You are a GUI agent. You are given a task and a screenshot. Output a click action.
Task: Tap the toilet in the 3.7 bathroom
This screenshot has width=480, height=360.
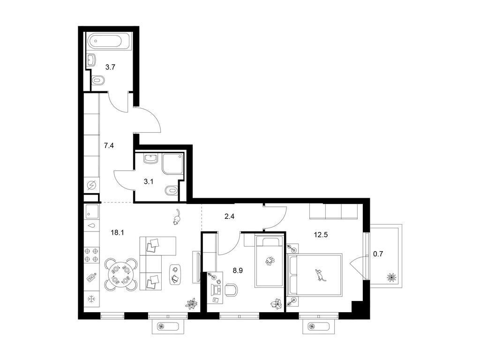click(97, 80)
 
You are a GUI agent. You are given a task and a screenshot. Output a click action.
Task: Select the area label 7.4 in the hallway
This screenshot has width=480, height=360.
click(109, 146)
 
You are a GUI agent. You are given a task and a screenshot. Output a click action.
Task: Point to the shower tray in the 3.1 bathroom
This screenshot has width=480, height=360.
click(173, 164)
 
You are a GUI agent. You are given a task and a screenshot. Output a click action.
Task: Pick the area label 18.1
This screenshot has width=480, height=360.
click(117, 232)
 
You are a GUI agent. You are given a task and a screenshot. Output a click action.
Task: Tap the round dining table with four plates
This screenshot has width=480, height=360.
click(121, 275)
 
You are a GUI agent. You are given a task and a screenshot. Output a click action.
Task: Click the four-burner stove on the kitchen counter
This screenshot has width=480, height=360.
click(92, 255)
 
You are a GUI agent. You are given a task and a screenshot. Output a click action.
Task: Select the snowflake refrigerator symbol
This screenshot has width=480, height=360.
click(91, 299)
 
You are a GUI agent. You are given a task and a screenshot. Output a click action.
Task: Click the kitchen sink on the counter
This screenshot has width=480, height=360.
click(92, 212)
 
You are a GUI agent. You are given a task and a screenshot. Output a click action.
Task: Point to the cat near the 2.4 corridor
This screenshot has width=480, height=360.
click(177, 217)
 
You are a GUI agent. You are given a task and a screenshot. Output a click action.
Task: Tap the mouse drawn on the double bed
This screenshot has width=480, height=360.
click(320, 275)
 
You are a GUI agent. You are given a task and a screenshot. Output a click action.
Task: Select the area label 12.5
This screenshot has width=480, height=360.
click(321, 235)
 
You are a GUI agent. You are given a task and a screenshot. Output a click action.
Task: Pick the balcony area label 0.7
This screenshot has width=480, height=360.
click(378, 254)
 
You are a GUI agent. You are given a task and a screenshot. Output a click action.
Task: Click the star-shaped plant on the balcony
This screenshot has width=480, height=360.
click(391, 277)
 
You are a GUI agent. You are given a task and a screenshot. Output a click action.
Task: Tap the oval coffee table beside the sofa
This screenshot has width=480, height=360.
click(175, 274)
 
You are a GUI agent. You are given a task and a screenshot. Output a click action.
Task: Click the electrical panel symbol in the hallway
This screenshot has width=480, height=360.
click(92, 186)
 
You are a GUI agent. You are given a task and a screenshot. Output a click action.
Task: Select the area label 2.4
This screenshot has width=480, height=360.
click(229, 217)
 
